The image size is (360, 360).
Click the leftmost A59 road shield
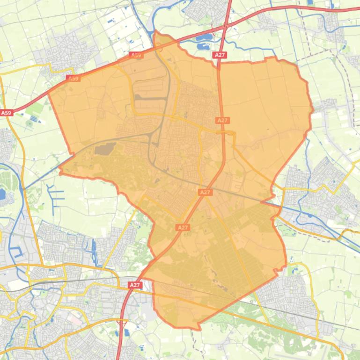click(6, 113)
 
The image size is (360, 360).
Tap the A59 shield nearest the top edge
click(136, 55)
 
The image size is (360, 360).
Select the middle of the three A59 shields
click(73, 79)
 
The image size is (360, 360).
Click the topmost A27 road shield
click(220, 55)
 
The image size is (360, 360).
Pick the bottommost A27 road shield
click(135, 285)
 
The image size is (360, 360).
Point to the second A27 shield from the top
click(223, 120)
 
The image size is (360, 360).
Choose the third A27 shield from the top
click(205, 192)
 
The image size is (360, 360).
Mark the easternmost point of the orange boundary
click(312, 111)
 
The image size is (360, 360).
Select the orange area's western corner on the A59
click(49, 93)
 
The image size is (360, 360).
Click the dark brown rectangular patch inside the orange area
click(103, 150)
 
